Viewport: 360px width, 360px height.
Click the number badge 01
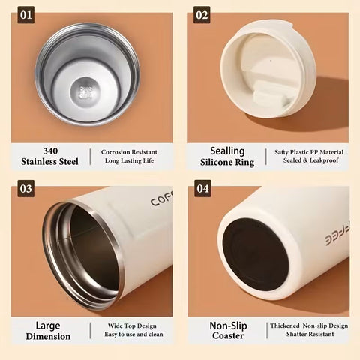click(x=26, y=15)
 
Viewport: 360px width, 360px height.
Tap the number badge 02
click(x=202, y=15)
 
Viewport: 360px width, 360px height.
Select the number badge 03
click(x=26, y=188)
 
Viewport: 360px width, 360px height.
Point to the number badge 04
click(x=202, y=188)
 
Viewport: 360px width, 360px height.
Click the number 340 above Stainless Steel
click(x=50, y=151)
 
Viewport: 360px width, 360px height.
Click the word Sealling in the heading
click(x=227, y=151)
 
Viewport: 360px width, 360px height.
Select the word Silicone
click(x=217, y=162)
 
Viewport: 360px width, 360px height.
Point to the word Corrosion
click(x=115, y=152)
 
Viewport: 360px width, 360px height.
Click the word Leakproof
click(x=324, y=160)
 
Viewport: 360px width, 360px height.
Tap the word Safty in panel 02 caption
click(x=281, y=152)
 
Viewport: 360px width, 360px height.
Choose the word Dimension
click(x=48, y=336)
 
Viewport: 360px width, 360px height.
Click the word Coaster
click(x=228, y=335)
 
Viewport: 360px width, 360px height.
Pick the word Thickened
click(x=285, y=325)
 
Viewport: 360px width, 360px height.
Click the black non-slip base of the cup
click(x=256, y=254)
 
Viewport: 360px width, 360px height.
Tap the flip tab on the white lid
click(x=271, y=93)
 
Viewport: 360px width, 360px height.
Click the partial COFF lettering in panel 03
click(x=162, y=199)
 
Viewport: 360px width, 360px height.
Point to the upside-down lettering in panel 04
click(x=337, y=235)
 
